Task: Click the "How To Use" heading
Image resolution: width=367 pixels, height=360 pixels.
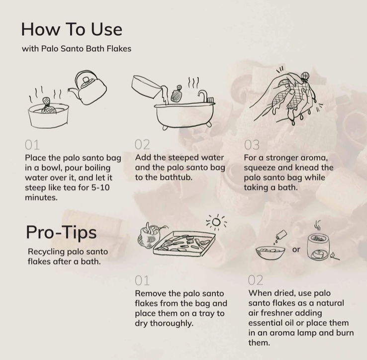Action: point(72,29)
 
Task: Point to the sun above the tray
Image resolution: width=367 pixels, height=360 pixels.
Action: point(216,222)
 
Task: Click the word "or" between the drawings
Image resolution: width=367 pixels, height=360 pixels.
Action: point(296,250)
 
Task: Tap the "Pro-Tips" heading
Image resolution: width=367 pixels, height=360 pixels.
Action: point(61,232)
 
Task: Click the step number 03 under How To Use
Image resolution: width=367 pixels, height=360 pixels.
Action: point(252,145)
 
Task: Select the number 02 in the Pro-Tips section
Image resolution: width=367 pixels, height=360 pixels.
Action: point(255,280)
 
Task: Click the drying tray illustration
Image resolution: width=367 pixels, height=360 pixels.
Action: point(184,244)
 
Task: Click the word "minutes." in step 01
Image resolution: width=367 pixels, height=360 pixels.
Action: point(41,197)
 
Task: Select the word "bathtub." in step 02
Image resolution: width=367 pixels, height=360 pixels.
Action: point(176,178)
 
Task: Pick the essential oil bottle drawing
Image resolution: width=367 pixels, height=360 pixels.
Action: point(280,237)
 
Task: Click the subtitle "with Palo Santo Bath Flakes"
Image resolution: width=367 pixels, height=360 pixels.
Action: point(77,49)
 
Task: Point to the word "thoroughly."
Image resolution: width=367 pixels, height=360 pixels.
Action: point(172,324)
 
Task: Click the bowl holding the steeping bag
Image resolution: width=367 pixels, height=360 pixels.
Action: point(48,115)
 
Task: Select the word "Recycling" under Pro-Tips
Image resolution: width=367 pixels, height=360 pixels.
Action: point(46,252)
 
